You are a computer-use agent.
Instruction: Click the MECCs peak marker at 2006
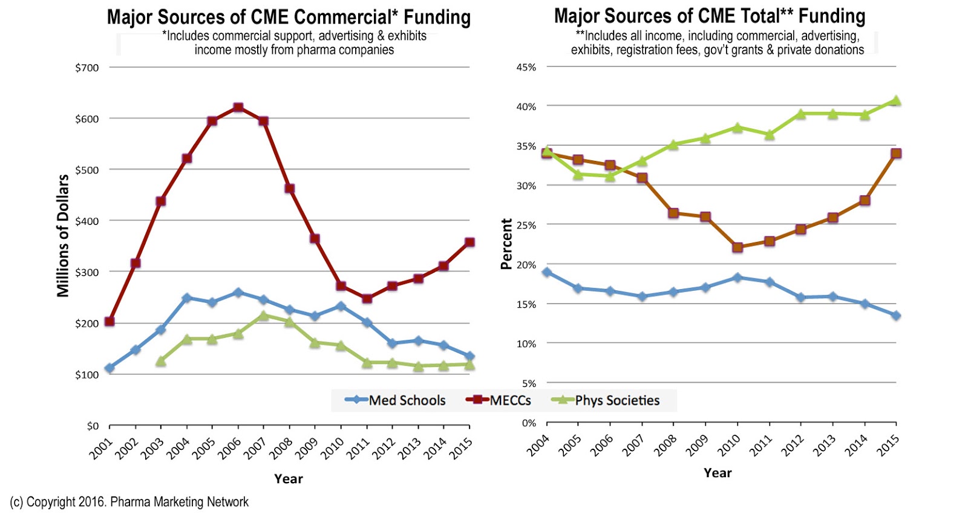[x=238, y=108]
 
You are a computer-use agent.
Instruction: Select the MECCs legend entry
[x=499, y=400]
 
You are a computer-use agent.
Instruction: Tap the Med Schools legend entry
[x=396, y=400]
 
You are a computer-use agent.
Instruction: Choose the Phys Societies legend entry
[x=607, y=400]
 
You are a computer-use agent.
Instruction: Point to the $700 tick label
[x=87, y=68]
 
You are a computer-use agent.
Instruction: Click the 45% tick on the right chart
[x=526, y=67]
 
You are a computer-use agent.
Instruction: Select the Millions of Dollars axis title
[x=63, y=236]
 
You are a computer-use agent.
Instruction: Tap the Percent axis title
[x=506, y=244]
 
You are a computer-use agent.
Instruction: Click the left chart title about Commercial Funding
[x=289, y=17]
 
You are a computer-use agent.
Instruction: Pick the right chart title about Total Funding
[x=710, y=16]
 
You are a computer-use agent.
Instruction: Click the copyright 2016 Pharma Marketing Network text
[x=129, y=502]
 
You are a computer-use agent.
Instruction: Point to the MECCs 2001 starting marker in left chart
[x=110, y=321]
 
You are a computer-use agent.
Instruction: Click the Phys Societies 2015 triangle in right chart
[x=896, y=101]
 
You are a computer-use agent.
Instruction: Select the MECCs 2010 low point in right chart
[x=737, y=247]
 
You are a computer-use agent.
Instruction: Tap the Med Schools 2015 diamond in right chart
[x=896, y=316]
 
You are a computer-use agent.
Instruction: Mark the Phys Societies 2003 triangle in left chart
[x=161, y=362]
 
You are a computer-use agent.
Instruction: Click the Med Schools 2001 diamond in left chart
[x=110, y=368]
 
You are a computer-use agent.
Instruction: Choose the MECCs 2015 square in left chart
[x=469, y=242]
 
